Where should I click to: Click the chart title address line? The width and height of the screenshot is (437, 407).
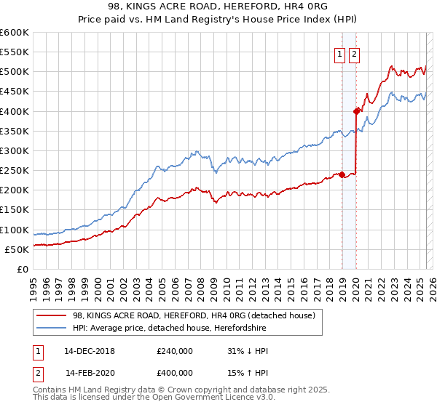219,7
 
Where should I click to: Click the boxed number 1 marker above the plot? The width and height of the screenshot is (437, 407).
340,53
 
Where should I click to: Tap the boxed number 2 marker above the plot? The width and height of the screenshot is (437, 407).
355,53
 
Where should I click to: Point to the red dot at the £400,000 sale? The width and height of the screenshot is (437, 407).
356,111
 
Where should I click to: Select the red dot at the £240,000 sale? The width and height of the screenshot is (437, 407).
342,174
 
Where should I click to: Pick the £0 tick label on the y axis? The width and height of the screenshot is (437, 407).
22,269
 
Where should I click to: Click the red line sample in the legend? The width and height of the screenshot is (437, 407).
51,315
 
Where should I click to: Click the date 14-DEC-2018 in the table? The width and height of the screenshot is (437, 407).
90,351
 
